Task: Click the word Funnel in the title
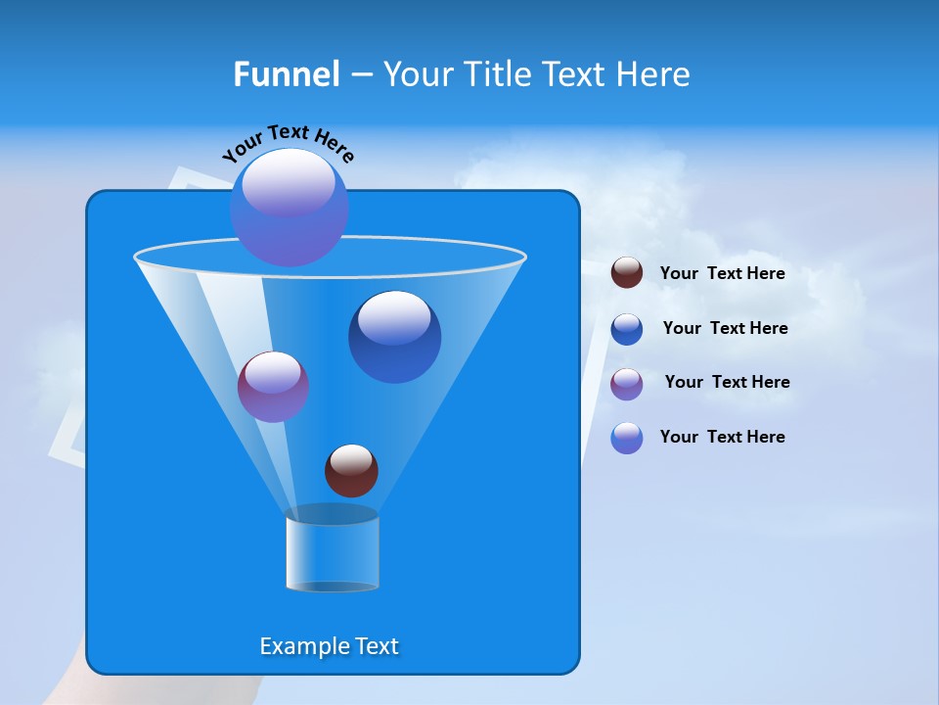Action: tap(286, 74)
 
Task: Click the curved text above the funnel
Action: tap(289, 142)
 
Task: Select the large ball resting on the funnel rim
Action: tap(289, 207)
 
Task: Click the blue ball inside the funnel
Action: tap(394, 336)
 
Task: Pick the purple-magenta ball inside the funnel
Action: tap(273, 387)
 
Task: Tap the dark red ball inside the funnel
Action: tap(351, 470)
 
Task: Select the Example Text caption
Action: tap(329, 646)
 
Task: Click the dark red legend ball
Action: tap(627, 273)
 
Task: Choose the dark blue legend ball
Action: tap(627, 329)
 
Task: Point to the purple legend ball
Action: tap(627, 384)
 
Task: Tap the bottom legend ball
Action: tap(627, 438)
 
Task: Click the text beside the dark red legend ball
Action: tap(722, 274)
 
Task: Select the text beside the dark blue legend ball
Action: tap(725, 329)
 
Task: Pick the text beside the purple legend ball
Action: tap(727, 383)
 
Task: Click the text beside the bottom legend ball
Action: tap(722, 438)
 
